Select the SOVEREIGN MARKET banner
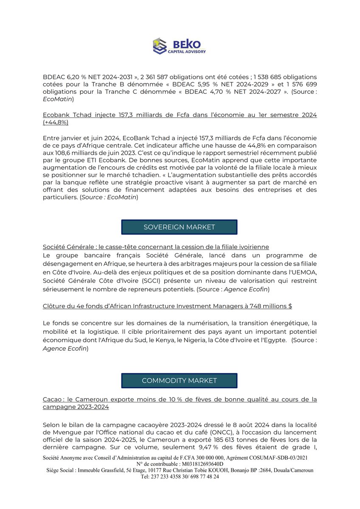click(x=179, y=227)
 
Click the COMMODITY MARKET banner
click(x=179, y=380)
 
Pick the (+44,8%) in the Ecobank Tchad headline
click(x=56, y=123)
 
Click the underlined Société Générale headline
click(x=156, y=247)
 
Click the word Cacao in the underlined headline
click(x=52, y=400)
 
